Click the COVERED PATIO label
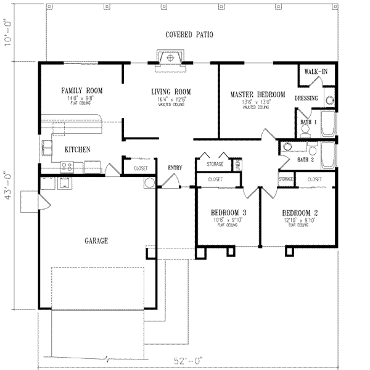(189, 35)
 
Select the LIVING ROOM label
(171, 92)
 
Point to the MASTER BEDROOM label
(258, 94)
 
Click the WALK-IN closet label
(315, 72)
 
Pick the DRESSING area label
(306, 98)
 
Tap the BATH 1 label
(308, 122)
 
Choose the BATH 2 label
(306, 159)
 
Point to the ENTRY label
(175, 166)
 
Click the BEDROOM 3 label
(228, 213)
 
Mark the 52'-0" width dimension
(189, 360)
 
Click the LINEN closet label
(237, 165)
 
